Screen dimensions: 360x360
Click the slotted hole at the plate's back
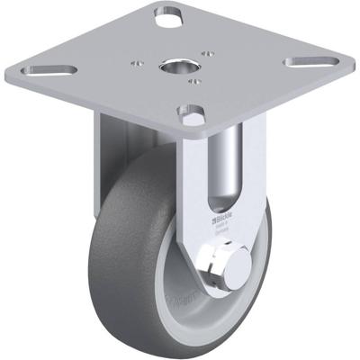pos(167,15)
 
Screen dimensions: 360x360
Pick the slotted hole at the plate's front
pos(191,115)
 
